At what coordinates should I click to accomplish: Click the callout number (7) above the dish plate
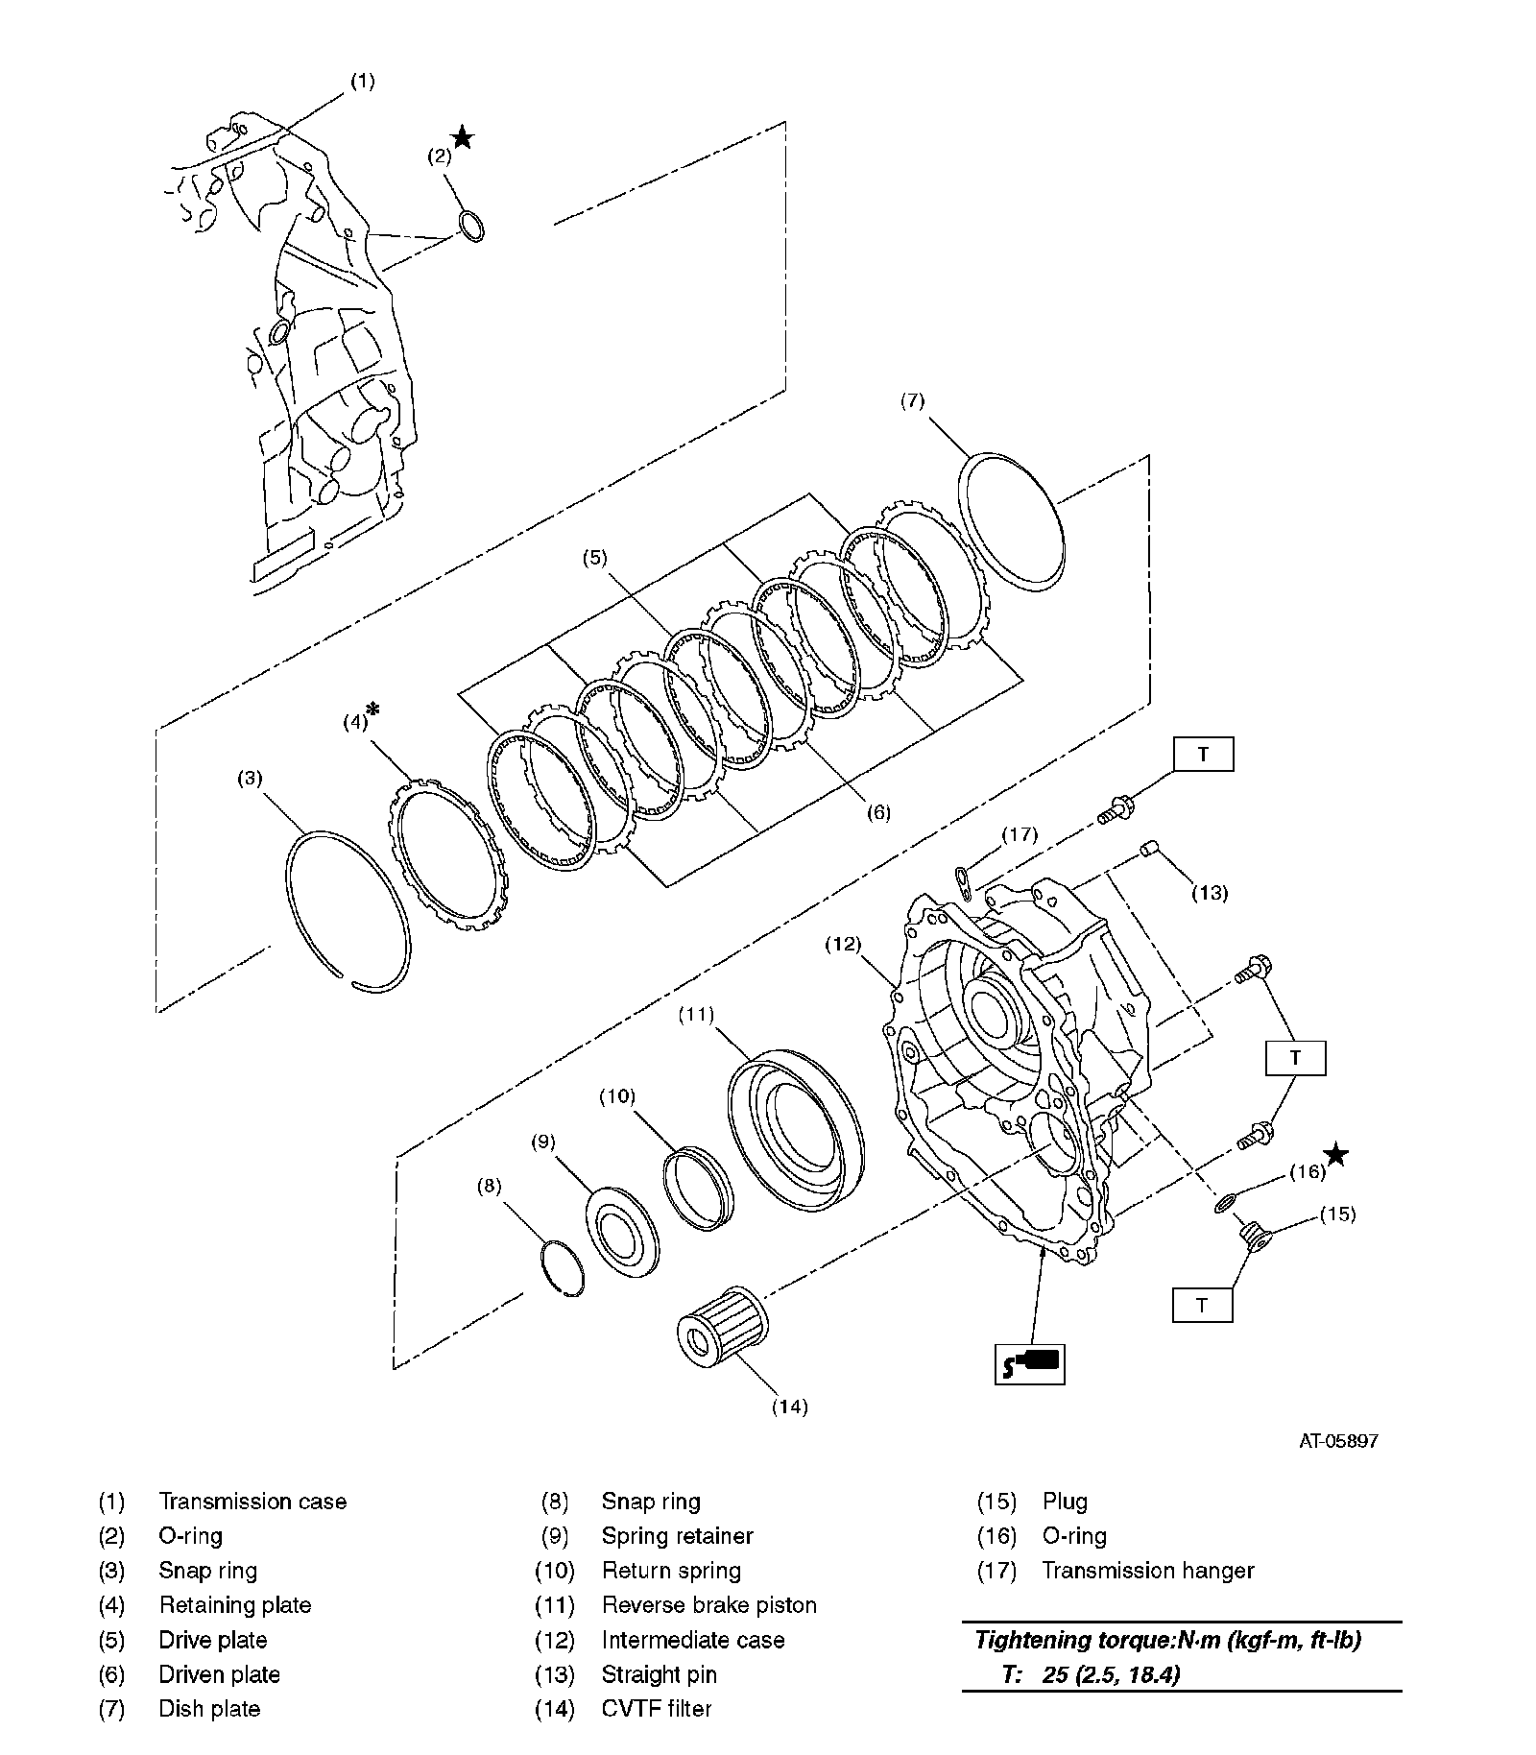point(912,400)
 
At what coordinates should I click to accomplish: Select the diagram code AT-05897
point(1339,1441)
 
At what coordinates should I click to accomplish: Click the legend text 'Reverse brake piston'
point(708,1604)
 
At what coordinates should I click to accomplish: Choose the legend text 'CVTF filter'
point(657,1708)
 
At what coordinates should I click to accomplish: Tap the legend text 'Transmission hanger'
point(1148,1570)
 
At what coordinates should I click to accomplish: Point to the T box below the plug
point(1202,1305)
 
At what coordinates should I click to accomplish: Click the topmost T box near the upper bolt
point(1203,755)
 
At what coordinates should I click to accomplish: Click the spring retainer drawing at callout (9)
point(622,1232)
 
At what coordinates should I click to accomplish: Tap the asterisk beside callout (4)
point(374,709)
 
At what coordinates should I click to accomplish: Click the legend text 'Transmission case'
point(252,1501)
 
